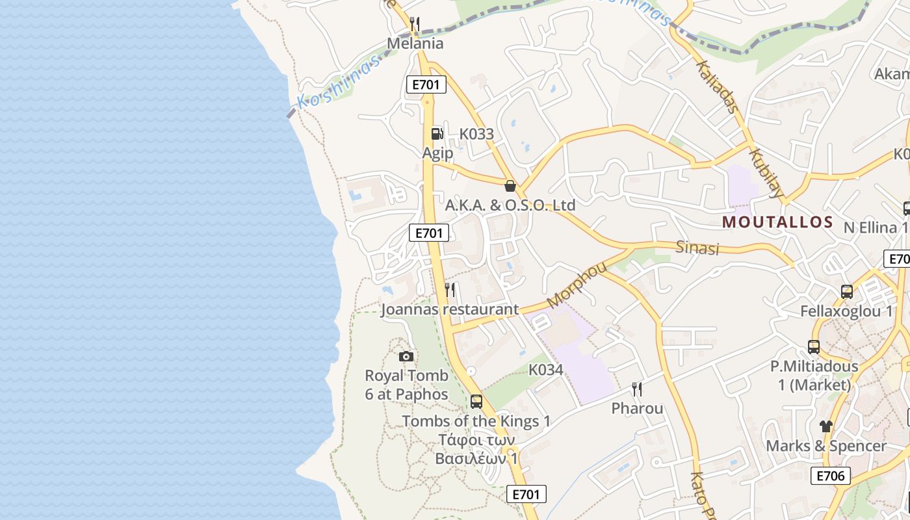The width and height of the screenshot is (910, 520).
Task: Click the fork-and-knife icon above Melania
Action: coord(415,24)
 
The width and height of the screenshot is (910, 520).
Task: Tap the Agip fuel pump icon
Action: coord(437,134)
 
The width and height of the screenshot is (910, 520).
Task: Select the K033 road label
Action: coord(476,134)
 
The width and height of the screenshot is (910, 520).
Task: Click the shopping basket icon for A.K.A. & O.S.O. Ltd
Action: coord(510,186)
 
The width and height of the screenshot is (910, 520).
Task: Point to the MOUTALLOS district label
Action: coord(777,222)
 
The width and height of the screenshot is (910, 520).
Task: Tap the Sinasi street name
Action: coord(697,248)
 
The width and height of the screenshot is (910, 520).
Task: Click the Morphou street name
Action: coord(577,285)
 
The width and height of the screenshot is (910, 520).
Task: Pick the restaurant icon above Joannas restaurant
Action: coord(450,289)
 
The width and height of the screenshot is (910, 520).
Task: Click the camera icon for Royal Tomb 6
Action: coord(406,356)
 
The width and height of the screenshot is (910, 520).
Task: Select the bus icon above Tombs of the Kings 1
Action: coord(476,401)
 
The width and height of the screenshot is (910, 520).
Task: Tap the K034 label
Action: coord(545,370)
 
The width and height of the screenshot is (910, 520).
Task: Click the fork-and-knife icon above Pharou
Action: coord(637,389)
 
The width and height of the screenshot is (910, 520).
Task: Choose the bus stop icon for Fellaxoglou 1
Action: coord(846,292)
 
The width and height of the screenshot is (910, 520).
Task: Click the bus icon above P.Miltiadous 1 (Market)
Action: coord(814,347)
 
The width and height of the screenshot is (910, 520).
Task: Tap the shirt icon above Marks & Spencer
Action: coord(825,426)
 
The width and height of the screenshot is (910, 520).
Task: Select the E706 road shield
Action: coord(831,476)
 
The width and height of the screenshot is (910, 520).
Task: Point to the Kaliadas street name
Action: coord(717,86)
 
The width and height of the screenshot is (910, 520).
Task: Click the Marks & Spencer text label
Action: coord(825,446)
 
